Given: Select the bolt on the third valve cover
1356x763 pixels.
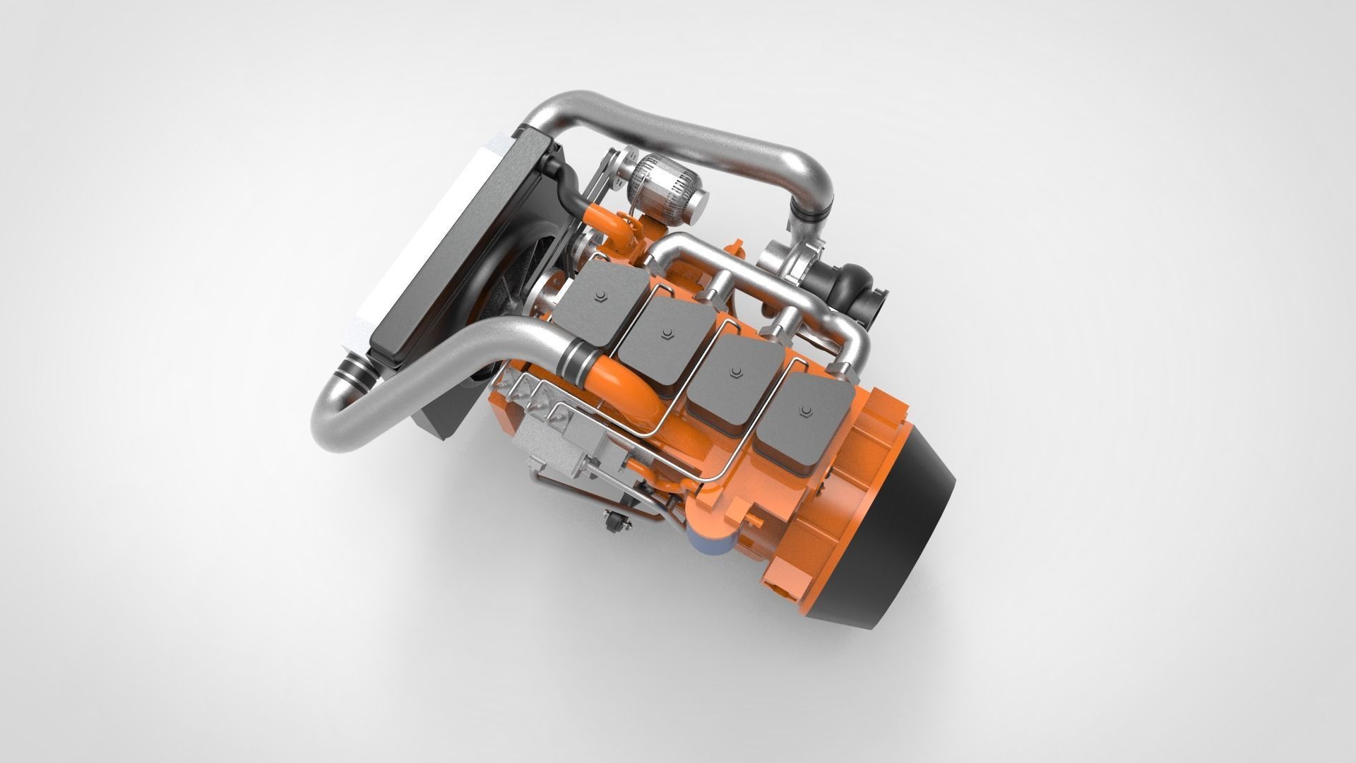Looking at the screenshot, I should tap(737, 370).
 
